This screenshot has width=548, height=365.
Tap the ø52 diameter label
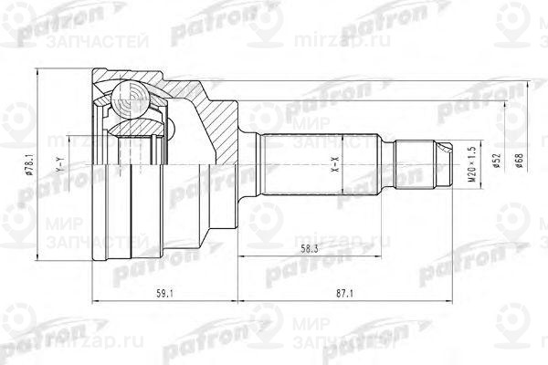[x=494, y=165]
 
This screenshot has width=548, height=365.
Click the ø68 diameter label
[x=517, y=165]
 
